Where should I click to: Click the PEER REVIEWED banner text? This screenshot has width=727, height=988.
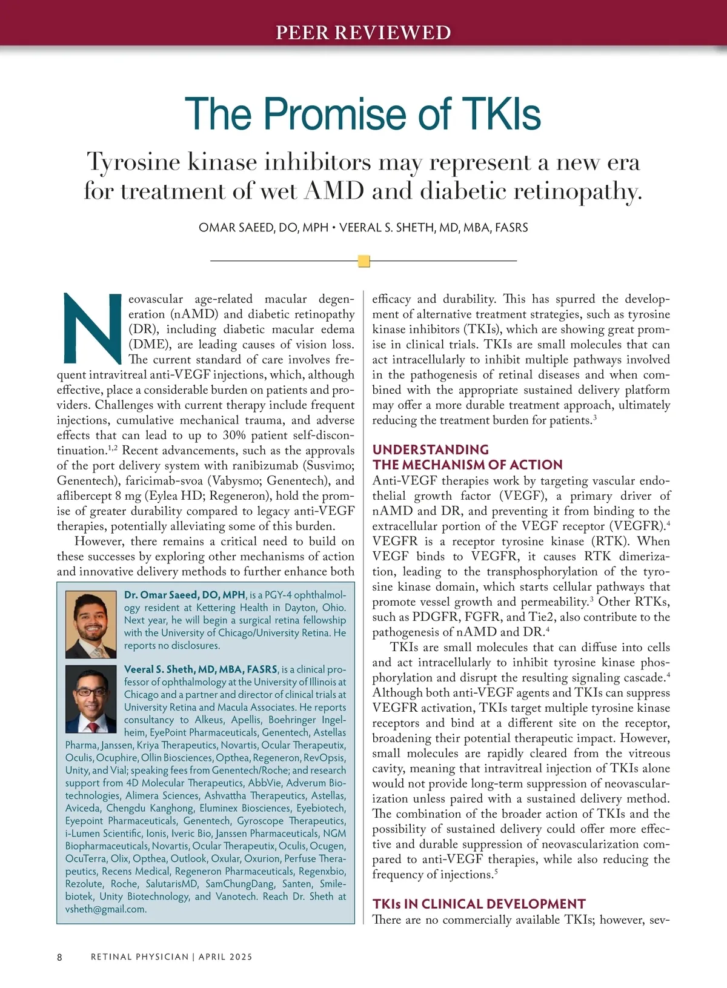tap(363, 32)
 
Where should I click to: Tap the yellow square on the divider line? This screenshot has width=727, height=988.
tap(364, 261)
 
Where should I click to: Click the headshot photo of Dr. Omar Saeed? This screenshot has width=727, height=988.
tap(91, 625)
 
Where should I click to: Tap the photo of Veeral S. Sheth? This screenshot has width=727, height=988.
tap(91, 700)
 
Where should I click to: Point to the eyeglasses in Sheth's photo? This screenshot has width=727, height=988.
tap(91, 691)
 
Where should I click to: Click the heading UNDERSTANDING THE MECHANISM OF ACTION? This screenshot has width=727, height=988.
tap(467, 457)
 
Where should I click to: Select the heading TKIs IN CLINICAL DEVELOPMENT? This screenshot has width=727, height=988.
tap(479, 904)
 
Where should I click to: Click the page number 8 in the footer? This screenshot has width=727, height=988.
tap(59, 957)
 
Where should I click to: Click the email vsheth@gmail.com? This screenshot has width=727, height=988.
tap(106, 909)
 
